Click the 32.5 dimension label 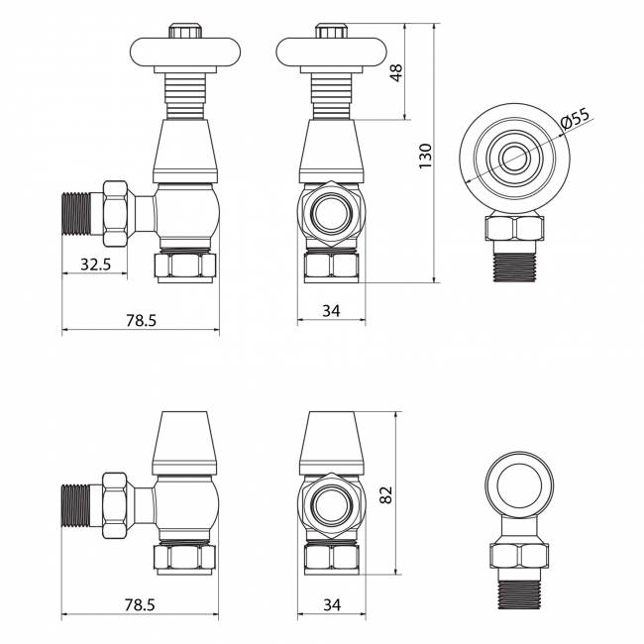click(95, 265)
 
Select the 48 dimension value click(396, 72)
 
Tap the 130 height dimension click(425, 156)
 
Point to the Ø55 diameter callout click(575, 119)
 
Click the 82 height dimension click(385, 494)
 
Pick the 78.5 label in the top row click(141, 320)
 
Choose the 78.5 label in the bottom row click(140, 604)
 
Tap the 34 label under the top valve click(331, 311)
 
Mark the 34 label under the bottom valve click(332, 604)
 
